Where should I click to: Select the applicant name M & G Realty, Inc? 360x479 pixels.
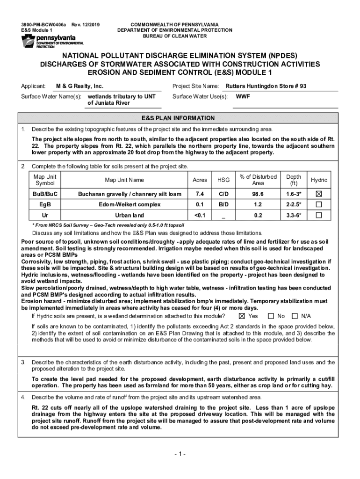79,87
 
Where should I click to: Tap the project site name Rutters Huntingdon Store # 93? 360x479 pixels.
266,87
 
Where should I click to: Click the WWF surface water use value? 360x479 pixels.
242,97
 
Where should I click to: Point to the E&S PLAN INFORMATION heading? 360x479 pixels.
180,118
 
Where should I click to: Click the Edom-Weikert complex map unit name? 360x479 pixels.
130,204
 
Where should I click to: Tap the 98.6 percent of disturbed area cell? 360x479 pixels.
258,194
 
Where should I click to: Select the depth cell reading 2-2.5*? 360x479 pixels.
294,204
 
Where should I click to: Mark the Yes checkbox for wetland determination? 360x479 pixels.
242,316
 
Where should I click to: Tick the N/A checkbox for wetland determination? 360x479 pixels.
295,316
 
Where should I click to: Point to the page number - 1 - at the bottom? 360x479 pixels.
180,454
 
